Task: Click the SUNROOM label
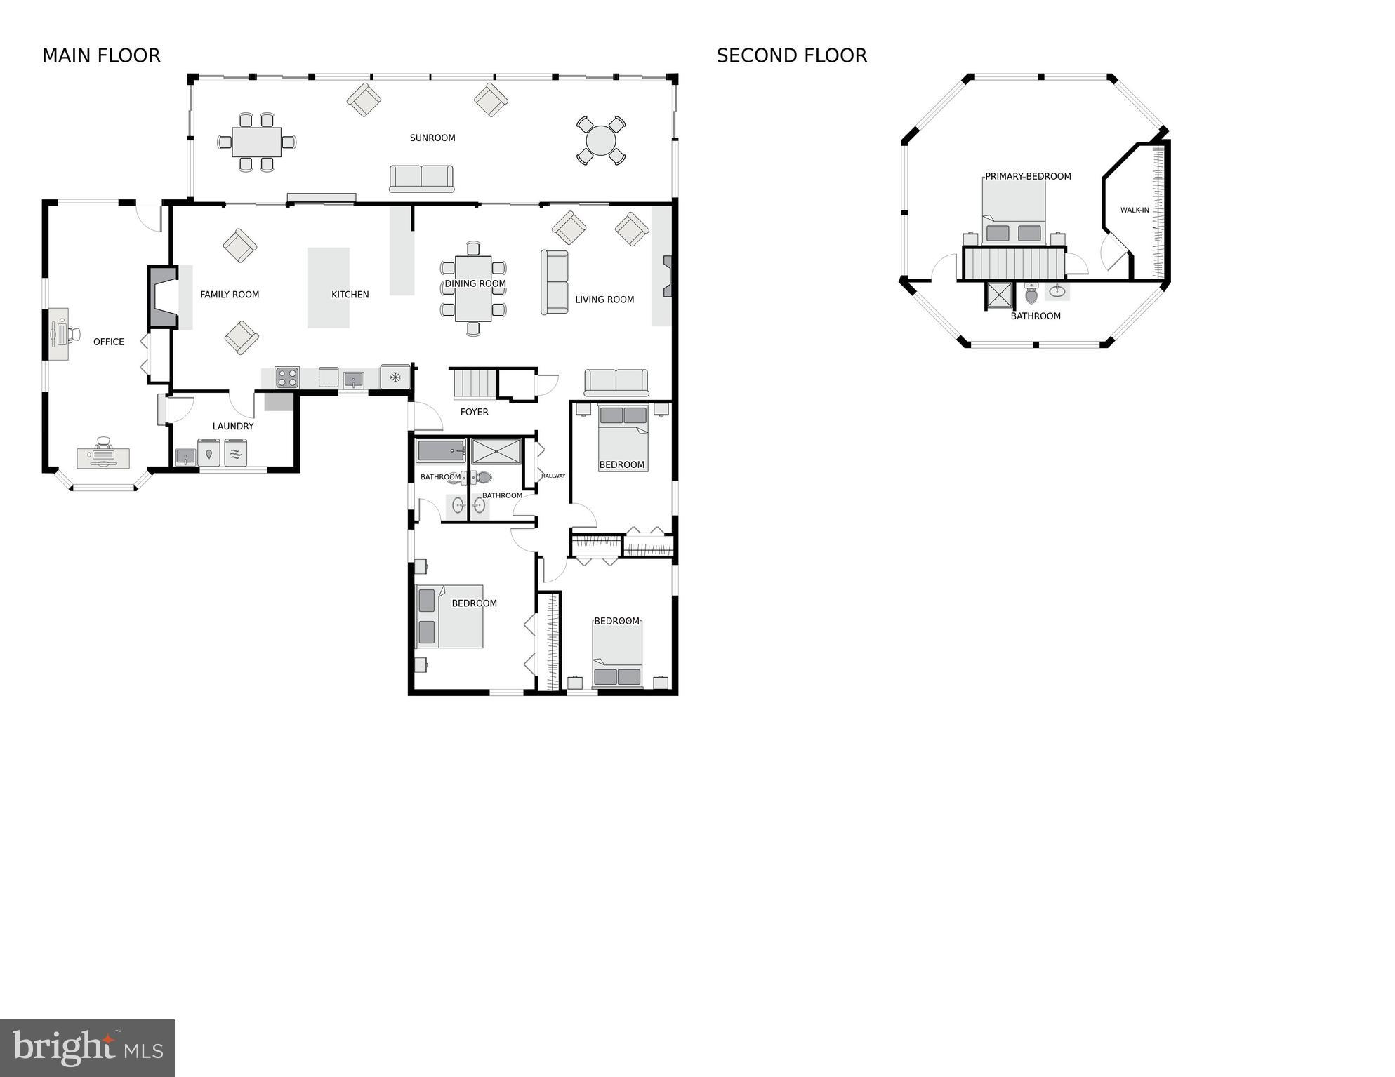[432, 138]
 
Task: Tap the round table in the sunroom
[601, 140]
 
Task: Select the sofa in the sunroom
[421, 178]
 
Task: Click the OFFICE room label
[109, 342]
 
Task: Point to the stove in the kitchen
[287, 377]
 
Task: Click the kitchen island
[329, 287]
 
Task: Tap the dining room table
[473, 288]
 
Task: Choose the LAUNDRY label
[233, 426]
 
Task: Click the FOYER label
[474, 412]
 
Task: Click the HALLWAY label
[553, 476]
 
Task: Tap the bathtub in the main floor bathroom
[440, 450]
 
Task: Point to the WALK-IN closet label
[1135, 210]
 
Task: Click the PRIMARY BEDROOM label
[1028, 176]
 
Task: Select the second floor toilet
[1031, 293]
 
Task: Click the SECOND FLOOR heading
[791, 55]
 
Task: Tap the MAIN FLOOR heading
[101, 55]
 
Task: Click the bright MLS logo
[87, 1048]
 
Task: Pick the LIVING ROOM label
[604, 300]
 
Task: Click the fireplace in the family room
[162, 296]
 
